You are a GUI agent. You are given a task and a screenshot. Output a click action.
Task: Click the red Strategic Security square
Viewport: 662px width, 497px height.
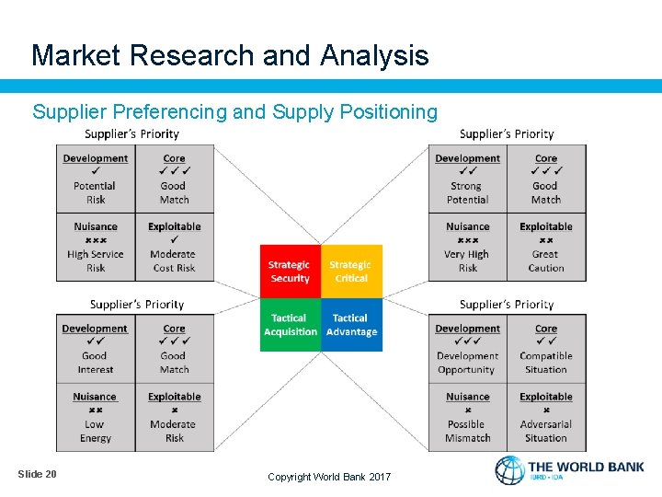coord(290,272)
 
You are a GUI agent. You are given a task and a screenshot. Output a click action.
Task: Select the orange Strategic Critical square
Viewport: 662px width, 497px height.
coord(351,272)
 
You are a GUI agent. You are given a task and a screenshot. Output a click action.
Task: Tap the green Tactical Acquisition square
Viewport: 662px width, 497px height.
coord(290,325)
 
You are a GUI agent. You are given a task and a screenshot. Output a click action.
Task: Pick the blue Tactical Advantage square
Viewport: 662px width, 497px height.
coord(351,325)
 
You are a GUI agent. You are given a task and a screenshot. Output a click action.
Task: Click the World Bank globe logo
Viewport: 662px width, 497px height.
coord(509,470)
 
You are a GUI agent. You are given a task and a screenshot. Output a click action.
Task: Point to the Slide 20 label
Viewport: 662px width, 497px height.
coord(37,474)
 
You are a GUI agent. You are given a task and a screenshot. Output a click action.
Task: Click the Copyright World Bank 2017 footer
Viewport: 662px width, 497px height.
coord(329,477)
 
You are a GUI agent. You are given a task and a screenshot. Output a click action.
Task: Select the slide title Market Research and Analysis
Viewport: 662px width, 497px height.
coord(230,55)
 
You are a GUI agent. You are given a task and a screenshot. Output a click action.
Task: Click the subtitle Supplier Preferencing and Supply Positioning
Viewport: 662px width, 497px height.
coord(235,112)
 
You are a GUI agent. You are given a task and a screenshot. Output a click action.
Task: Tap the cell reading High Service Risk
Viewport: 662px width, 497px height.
coord(96,247)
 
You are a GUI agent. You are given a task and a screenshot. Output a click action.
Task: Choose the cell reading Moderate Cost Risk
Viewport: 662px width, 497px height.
coord(174,247)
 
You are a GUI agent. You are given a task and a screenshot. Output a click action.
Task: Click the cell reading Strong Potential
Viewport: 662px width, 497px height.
coord(468,179)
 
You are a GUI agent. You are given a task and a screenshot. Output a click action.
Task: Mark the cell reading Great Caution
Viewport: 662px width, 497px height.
coord(546,247)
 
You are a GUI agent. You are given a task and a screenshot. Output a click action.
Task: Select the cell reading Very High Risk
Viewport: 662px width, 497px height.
coord(468,247)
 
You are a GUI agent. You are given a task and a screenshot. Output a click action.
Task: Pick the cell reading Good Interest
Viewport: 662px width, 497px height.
coord(96,349)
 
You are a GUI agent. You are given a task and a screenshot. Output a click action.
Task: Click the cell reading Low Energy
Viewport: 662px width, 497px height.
coord(96,417)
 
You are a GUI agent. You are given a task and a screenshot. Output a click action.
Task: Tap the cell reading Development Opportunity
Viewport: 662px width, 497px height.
coord(467,349)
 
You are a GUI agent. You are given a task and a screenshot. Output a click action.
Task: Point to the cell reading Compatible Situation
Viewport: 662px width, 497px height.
coord(546,349)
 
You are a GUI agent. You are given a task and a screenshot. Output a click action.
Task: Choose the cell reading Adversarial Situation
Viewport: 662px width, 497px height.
coord(546,417)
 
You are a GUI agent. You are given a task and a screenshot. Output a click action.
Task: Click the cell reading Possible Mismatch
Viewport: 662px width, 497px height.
coord(467,417)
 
